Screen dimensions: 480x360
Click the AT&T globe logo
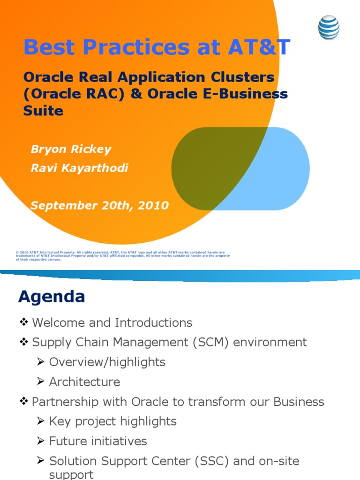tap(329, 28)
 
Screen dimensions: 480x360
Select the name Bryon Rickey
tap(71, 150)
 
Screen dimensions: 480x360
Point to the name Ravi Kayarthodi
tap(79, 168)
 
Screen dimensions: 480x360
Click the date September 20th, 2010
tap(99, 205)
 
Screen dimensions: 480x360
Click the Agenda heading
tap(52, 297)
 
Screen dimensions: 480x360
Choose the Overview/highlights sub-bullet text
tap(107, 362)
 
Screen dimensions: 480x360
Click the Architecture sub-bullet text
tap(84, 382)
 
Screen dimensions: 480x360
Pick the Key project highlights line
tap(112, 421)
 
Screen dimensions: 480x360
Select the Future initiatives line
tap(98, 441)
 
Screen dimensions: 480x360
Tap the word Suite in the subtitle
tap(43, 111)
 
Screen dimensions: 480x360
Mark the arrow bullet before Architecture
tap(41, 382)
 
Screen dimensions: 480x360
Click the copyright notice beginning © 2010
tap(122, 255)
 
